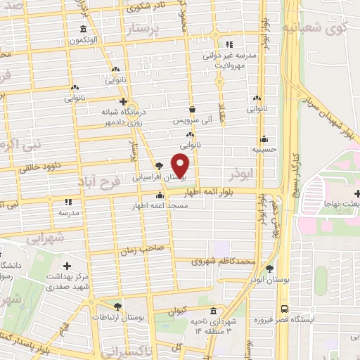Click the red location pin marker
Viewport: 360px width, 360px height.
(181, 166)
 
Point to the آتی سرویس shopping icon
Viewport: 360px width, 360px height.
(192, 109)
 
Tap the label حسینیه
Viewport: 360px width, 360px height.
(264, 150)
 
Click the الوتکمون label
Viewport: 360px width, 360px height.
(84, 40)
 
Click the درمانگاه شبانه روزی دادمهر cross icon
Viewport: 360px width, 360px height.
(122, 101)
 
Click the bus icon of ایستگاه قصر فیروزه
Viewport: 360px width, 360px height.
(283, 308)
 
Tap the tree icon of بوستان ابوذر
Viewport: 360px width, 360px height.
(269, 268)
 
